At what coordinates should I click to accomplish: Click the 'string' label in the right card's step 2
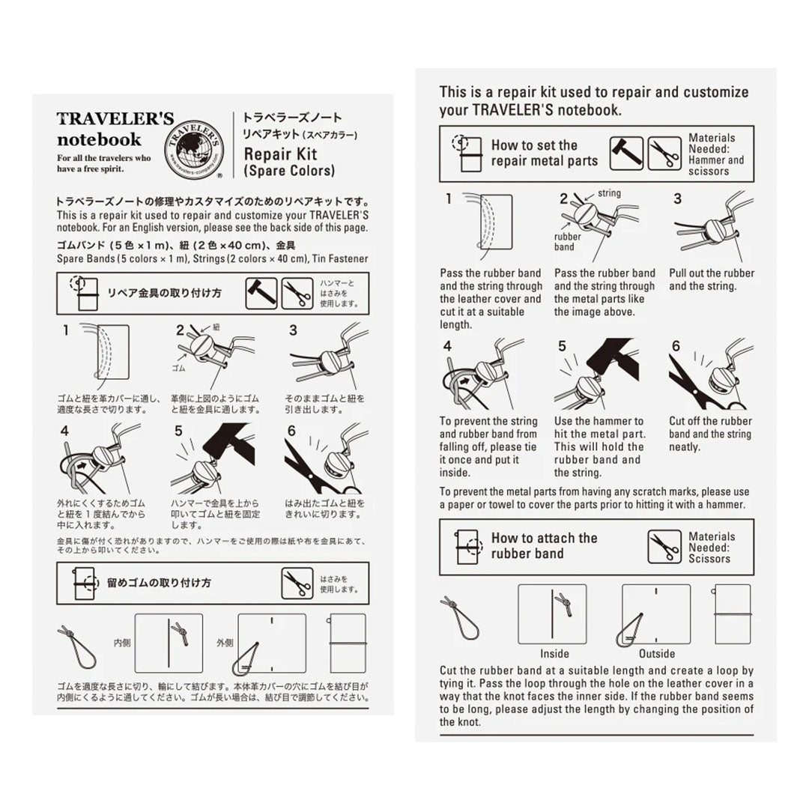coord(609,193)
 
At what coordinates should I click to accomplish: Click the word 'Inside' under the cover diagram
coord(554,653)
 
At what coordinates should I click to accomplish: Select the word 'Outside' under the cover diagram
coord(656,653)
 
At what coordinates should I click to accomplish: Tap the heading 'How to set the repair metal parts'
coord(544,153)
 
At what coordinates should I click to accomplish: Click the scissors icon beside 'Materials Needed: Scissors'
coord(664,547)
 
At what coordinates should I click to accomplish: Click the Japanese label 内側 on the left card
coord(122,642)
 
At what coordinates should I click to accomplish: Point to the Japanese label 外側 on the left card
coord(224,642)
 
